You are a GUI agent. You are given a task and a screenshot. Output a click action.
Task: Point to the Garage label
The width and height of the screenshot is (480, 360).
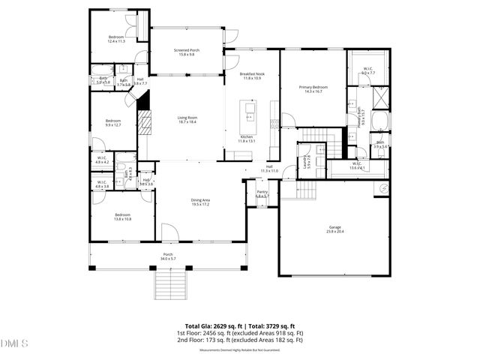[334, 226]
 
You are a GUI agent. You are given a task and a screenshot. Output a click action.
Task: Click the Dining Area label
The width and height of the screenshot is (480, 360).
[199, 200]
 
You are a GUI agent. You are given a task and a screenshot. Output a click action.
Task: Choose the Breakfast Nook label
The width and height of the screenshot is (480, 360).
[252, 74]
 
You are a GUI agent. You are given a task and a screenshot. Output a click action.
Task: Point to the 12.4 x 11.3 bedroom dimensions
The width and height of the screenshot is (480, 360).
[115, 42]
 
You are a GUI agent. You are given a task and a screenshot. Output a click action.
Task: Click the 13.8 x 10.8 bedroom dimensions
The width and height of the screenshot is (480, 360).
[123, 219]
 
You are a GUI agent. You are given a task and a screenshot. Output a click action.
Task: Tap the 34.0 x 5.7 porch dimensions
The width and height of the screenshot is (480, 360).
[168, 259]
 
